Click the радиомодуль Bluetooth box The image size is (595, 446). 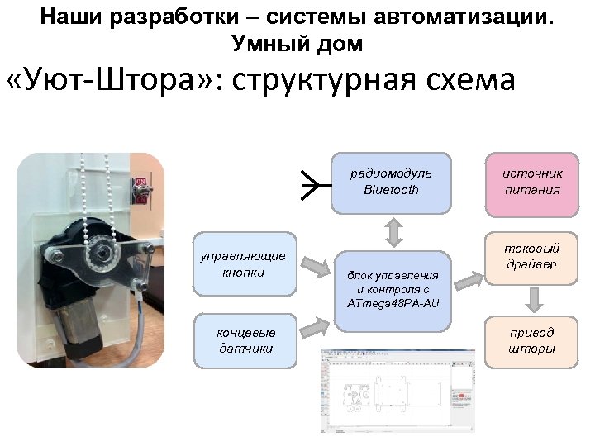point(392,182)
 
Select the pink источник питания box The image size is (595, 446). point(532,182)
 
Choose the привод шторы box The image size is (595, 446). point(532,340)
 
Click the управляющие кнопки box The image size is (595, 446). point(244,264)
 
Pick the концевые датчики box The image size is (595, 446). point(245,340)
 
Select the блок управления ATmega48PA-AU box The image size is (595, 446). point(393,285)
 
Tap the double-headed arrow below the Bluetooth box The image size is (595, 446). point(394,231)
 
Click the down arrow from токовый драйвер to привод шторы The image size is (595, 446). point(533,298)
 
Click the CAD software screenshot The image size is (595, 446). point(398,390)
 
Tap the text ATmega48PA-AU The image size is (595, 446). point(393,304)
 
